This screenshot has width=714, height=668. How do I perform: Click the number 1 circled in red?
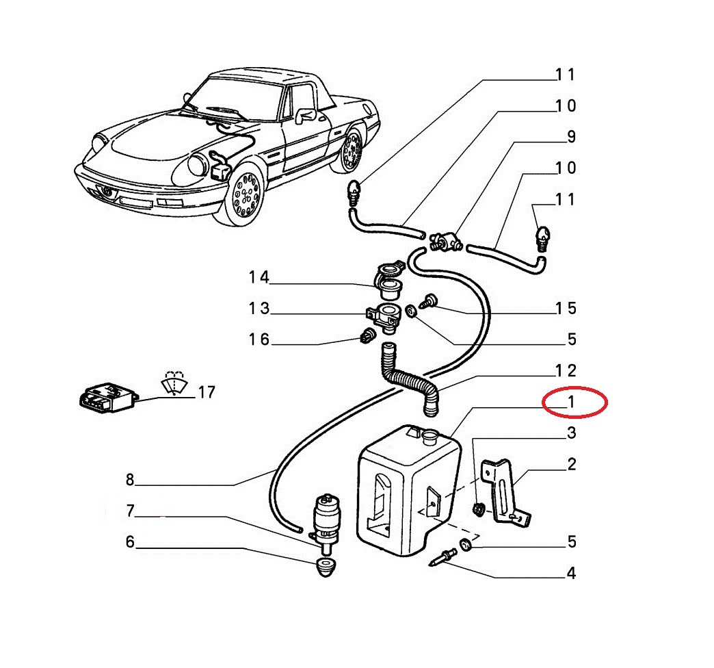[570, 402]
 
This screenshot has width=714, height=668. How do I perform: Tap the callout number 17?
[207, 392]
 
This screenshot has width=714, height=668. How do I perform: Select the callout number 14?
[259, 277]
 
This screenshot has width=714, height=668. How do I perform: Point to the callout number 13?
[259, 309]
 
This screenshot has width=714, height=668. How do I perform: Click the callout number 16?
[259, 339]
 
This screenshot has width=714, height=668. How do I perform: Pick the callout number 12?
[566, 370]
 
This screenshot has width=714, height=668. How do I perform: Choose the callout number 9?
[572, 137]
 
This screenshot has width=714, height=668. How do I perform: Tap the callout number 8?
[130, 480]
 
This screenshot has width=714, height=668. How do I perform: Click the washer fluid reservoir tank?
[409, 490]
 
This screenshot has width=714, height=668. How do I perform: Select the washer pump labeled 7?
[326, 519]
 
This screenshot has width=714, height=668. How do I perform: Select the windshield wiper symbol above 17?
[174, 383]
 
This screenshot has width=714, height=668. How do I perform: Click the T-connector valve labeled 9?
[446, 241]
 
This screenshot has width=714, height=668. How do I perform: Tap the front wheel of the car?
[244, 194]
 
